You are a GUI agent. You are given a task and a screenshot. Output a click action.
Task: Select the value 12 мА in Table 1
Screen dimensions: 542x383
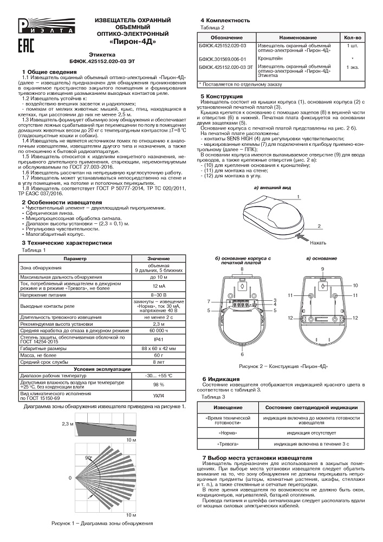[x=159, y=286]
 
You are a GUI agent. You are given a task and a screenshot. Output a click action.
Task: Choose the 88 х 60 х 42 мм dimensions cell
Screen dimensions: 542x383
[x=159, y=349]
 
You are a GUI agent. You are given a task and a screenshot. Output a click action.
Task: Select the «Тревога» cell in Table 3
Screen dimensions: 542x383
[x=227, y=443]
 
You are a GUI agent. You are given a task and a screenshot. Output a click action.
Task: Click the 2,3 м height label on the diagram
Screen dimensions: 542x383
[x=67, y=423]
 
